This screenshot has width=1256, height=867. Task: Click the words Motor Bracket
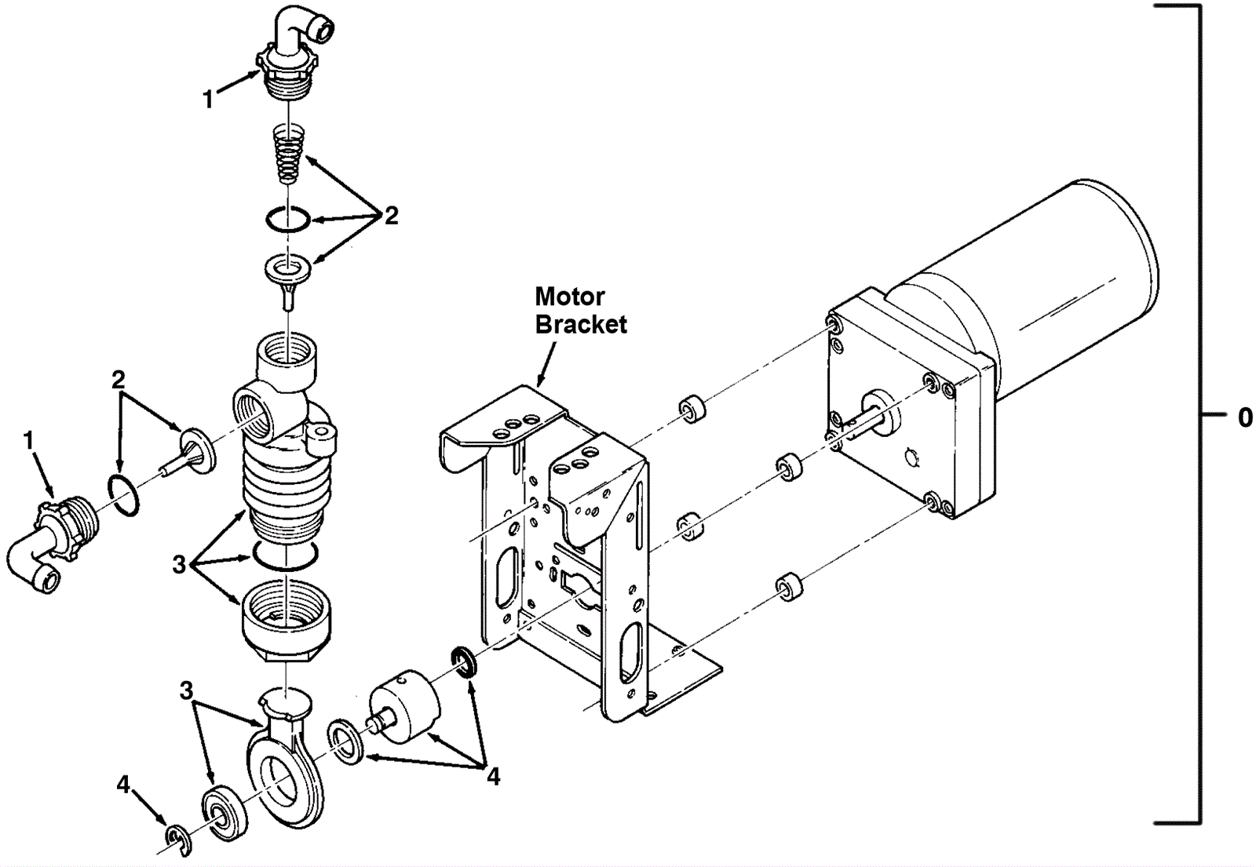click(x=581, y=311)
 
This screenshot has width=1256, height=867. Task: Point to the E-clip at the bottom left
click(x=180, y=840)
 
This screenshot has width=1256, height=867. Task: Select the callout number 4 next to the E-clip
click(x=122, y=785)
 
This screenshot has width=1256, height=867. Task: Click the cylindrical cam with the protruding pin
click(x=403, y=707)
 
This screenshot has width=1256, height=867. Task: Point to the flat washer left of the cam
click(x=345, y=743)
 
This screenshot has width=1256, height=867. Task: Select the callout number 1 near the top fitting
click(x=208, y=99)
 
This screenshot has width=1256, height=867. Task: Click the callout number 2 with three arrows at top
click(x=391, y=215)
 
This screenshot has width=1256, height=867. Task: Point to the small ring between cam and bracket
click(x=465, y=662)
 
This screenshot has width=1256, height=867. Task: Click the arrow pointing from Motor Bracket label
click(x=546, y=364)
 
